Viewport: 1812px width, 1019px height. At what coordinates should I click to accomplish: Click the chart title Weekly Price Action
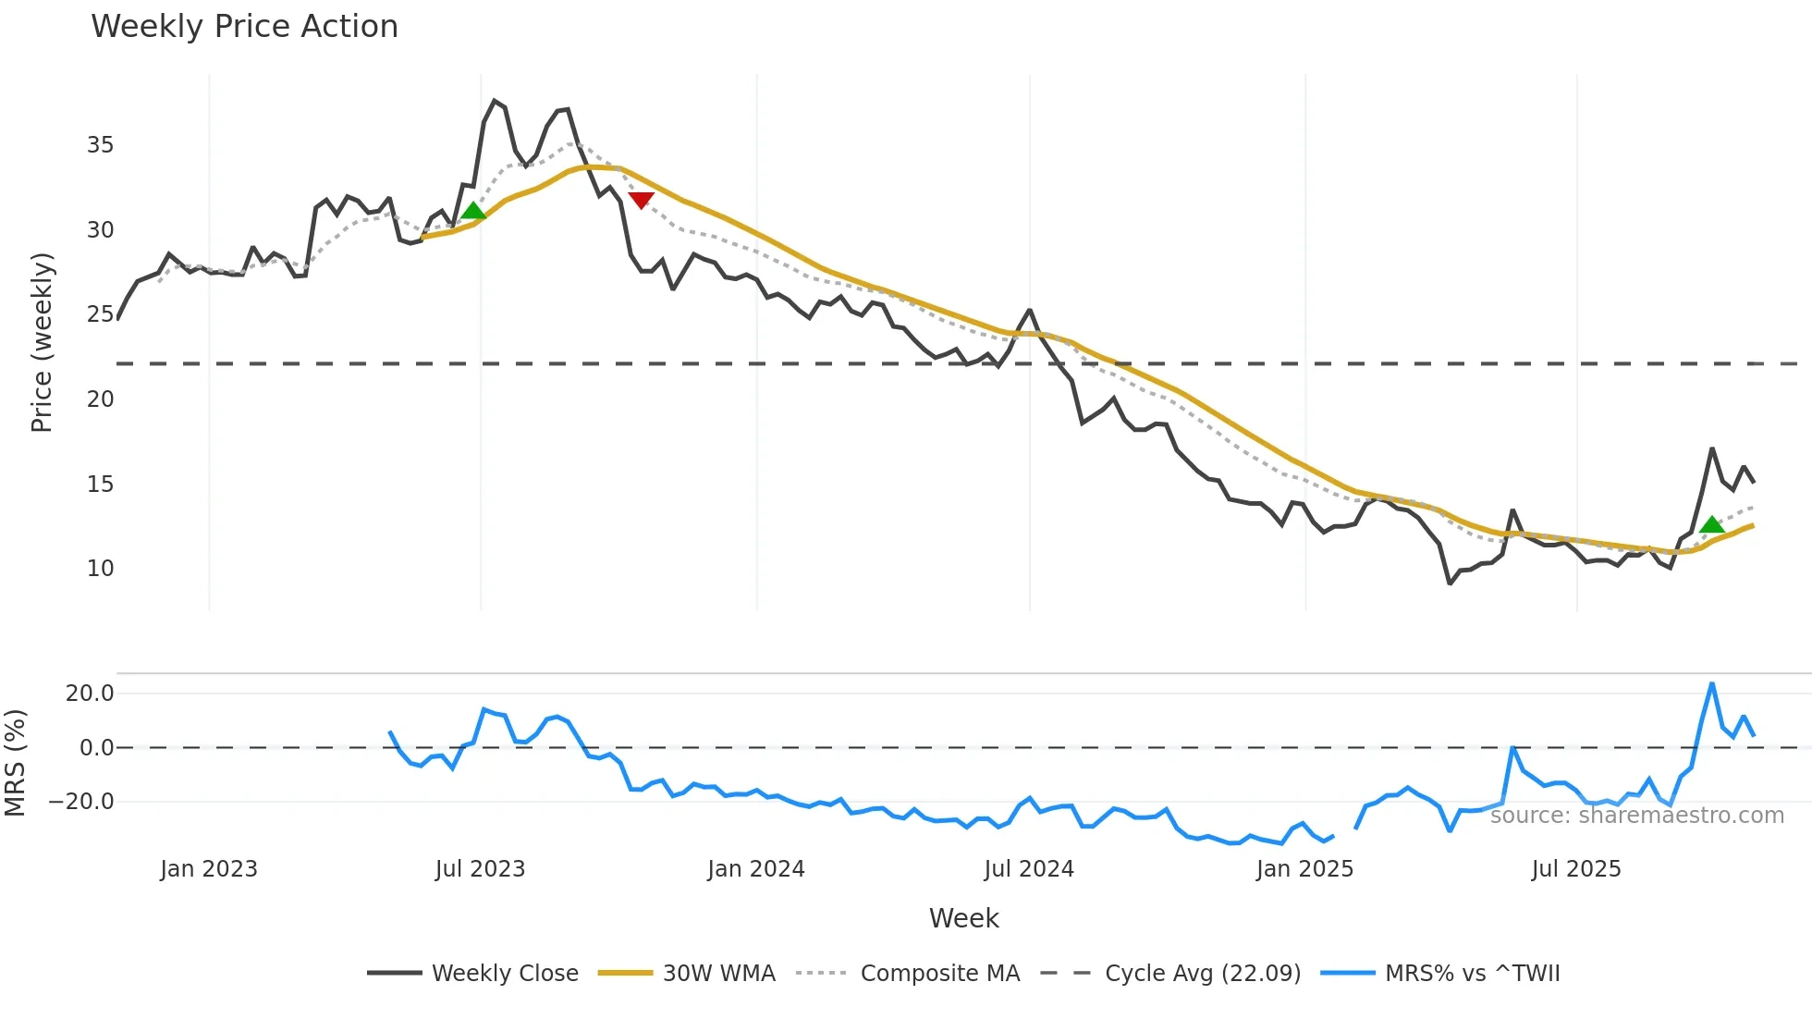[244, 27]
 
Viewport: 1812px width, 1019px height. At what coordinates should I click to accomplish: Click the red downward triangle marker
[641, 200]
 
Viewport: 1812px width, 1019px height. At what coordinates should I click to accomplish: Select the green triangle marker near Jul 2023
[473, 211]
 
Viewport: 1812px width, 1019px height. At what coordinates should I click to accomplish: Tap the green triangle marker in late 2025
[1711, 525]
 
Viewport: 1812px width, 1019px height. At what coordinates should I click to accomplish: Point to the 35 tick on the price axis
[100, 145]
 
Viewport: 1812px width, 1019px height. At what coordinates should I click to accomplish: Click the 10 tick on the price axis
[100, 569]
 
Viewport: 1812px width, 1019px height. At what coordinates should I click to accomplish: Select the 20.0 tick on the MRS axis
[90, 694]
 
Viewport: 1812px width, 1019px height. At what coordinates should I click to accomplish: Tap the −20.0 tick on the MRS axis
[82, 802]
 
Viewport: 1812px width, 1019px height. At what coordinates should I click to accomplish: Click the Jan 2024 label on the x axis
[756, 869]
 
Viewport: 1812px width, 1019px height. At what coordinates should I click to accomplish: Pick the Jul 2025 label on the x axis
[1576, 869]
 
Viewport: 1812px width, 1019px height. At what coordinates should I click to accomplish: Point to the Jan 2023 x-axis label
[209, 869]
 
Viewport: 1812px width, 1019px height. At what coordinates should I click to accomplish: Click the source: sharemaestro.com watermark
[1636, 816]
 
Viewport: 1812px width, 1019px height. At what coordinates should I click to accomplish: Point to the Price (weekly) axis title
[43, 342]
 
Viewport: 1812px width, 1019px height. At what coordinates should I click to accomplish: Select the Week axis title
[963, 918]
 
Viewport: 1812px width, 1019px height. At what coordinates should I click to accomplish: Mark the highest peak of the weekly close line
[495, 101]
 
